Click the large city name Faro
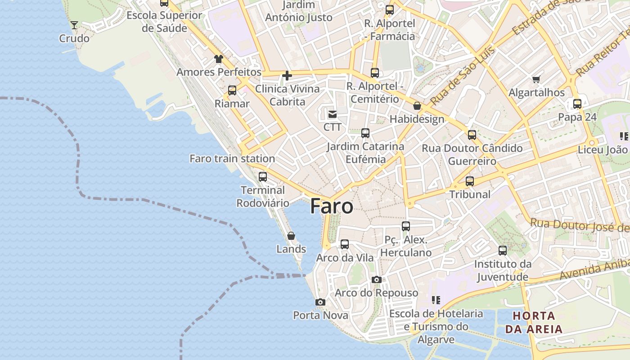point(332,206)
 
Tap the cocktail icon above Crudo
point(74,25)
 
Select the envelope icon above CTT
point(333,114)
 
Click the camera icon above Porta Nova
point(320,302)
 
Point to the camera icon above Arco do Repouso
point(377,280)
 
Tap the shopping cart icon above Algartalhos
point(536,80)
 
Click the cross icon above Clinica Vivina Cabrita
point(287,76)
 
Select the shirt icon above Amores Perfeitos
point(219,59)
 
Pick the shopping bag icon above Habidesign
point(417,106)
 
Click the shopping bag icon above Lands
point(291,236)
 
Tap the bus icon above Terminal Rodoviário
point(263,177)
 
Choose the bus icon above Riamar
point(232,90)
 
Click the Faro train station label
point(232,158)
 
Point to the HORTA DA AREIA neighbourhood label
point(534,322)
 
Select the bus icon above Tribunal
point(470,181)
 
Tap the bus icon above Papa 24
point(577,104)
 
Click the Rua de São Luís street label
point(463,76)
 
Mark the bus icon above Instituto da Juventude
point(503,251)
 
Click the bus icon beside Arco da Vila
point(345,244)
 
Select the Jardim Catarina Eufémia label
point(365,153)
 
